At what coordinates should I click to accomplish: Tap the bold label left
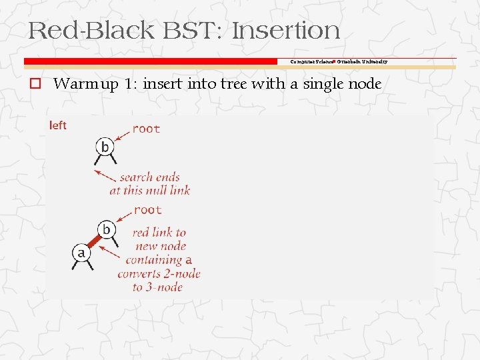pyautogui.click(x=58, y=125)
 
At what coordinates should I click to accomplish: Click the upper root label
pyautogui.click(x=146, y=129)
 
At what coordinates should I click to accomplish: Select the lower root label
pyautogui.click(x=147, y=210)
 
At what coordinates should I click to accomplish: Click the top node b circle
pyautogui.click(x=105, y=147)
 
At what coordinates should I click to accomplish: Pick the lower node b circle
pyautogui.click(x=106, y=230)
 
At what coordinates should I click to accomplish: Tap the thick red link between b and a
pyautogui.click(x=94, y=241)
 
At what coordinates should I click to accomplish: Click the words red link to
pyautogui.click(x=159, y=233)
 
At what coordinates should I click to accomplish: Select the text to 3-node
pyautogui.click(x=157, y=287)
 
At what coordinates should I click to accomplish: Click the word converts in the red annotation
pyautogui.click(x=139, y=274)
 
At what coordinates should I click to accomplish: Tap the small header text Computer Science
pyautogui.click(x=309, y=61)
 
